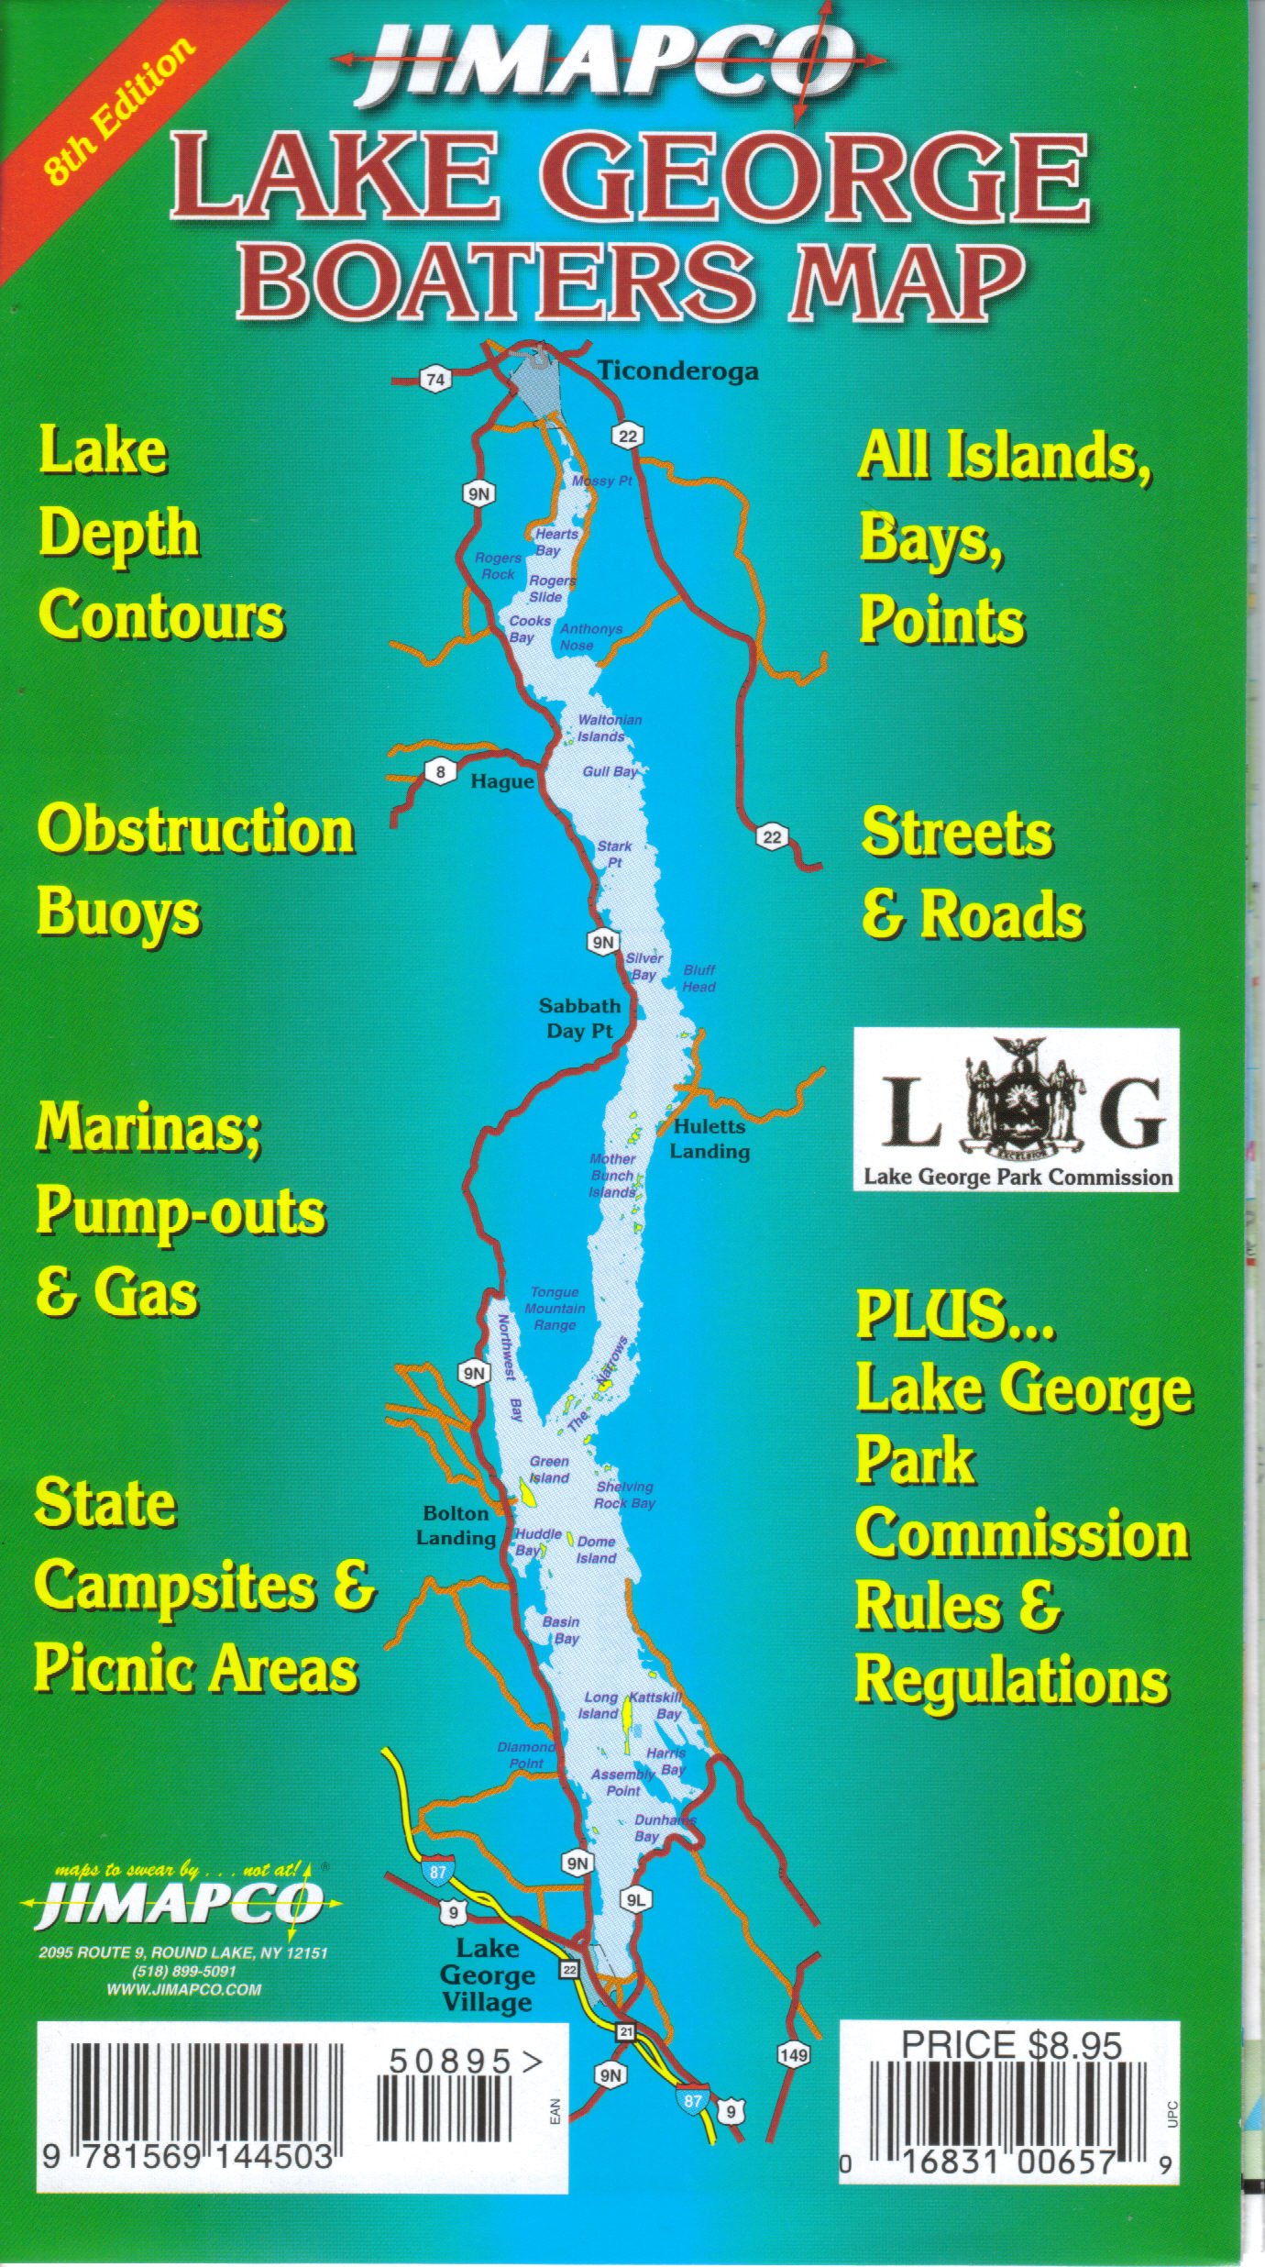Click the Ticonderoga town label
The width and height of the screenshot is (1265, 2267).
pyautogui.click(x=678, y=371)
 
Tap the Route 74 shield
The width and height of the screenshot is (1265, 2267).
pyautogui.click(x=436, y=380)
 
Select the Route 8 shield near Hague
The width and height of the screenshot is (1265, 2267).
pyautogui.click(x=441, y=772)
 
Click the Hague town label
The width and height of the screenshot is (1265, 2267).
pyautogui.click(x=501, y=781)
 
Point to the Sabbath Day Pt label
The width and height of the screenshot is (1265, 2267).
pyautogui.click(x=579, y=1018)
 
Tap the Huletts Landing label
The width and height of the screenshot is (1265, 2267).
pyautogui.click(x=709, y=1138)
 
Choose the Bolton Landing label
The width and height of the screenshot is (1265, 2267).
pyautogui.click(x=456, y=1525)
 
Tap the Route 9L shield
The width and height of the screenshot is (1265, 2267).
pyautogui.click(x=635, y=1901)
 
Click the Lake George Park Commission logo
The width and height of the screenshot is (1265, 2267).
pyautogui.click(x=1016, y=1110)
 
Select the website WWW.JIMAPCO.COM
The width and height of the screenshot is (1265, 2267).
pyautogui.click(x=183, y=1990)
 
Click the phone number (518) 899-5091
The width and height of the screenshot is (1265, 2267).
pyautogui.click(x=183, y=1972)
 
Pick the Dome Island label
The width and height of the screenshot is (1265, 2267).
pyautogui.click(x=596, y=1550)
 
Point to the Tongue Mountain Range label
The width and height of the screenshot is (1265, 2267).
pyautogui.click(x=555, y=1309)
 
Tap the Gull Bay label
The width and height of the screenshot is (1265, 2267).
pyautogui.click(x=610, y=771)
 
